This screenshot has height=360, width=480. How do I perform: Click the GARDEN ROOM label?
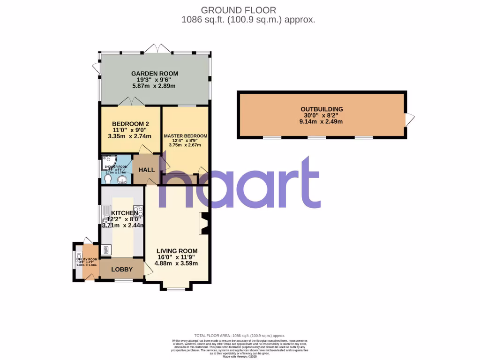coord(154,74)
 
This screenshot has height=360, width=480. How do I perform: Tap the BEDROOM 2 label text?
coord(127,124)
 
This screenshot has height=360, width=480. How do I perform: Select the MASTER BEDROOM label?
coord(185,136)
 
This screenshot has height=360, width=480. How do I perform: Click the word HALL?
coord(146,169)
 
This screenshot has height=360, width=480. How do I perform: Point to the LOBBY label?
coord(121,270)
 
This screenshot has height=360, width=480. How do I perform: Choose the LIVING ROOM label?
coord(177,251)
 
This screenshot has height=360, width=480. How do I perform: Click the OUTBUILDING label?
coord(322,109)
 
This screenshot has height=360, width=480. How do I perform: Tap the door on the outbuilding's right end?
coord(409,120)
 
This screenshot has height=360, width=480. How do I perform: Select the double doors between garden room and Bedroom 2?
coord(128,101)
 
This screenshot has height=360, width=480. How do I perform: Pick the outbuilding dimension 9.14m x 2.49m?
coord(322,121)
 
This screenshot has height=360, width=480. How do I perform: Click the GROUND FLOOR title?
coord(238,10)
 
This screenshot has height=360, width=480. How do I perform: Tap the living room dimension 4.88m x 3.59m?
coord(177,263)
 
